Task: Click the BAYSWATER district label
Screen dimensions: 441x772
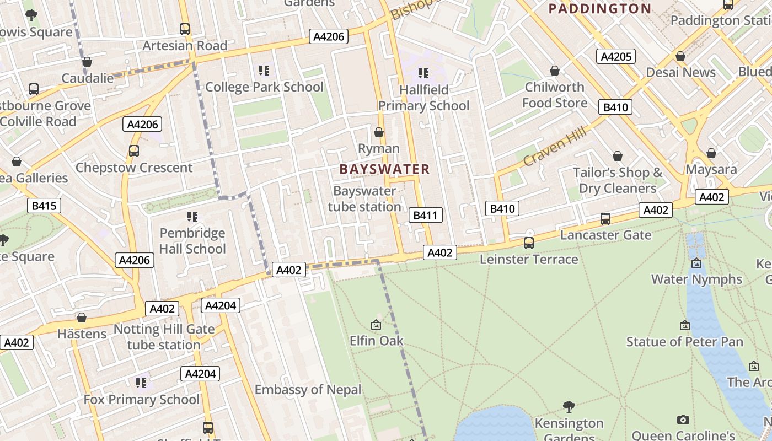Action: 384,169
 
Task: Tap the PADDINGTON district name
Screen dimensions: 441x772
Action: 600,8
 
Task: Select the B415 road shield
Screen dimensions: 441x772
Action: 44,206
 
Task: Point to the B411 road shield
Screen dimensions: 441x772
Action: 425,215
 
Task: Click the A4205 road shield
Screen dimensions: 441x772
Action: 615,56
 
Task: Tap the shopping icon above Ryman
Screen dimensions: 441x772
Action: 379,132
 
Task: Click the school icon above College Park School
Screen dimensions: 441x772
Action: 264,71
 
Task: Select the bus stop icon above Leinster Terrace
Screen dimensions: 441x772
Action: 528,243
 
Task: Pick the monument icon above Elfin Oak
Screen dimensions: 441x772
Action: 376,325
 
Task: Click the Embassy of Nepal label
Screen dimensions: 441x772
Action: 308,390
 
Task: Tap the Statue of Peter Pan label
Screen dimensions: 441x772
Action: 684,342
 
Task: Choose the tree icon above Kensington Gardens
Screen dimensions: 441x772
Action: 569,407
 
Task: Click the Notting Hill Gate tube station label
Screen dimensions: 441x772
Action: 164,337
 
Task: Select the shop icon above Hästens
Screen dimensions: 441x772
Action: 82,318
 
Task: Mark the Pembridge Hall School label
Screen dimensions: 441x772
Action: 192,241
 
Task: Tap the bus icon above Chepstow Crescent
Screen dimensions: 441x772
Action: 133,150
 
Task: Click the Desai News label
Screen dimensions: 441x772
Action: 680,72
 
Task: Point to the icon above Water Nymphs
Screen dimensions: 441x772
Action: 696,263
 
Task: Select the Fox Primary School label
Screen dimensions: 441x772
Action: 142,399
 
